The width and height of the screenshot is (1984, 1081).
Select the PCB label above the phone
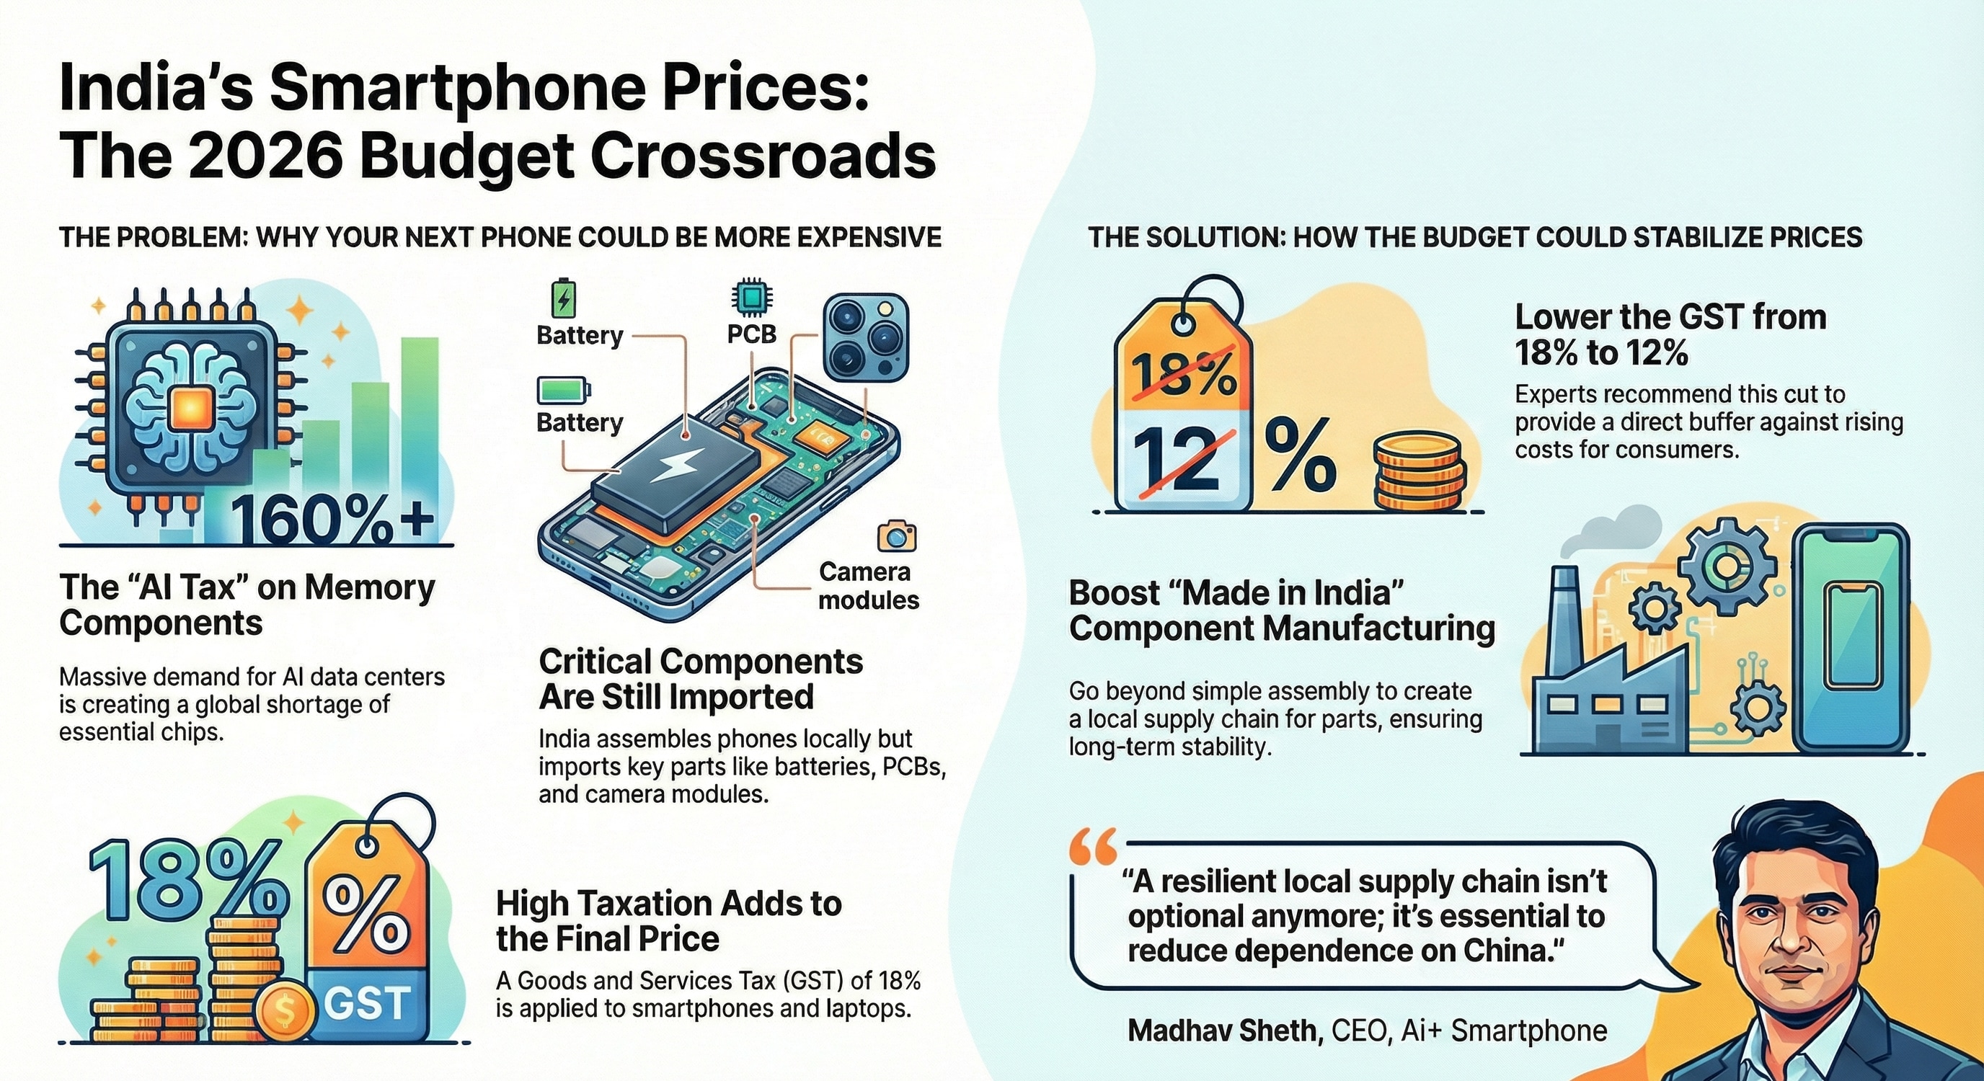point(752,334)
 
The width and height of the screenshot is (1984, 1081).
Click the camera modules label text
point(868,585)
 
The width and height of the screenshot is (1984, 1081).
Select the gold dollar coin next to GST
point(285,1015)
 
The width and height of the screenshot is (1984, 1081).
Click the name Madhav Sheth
point(1221,1030)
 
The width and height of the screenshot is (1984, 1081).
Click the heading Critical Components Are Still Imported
point(701,678)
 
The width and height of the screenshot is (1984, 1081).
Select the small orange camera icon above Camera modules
point(897,536)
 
